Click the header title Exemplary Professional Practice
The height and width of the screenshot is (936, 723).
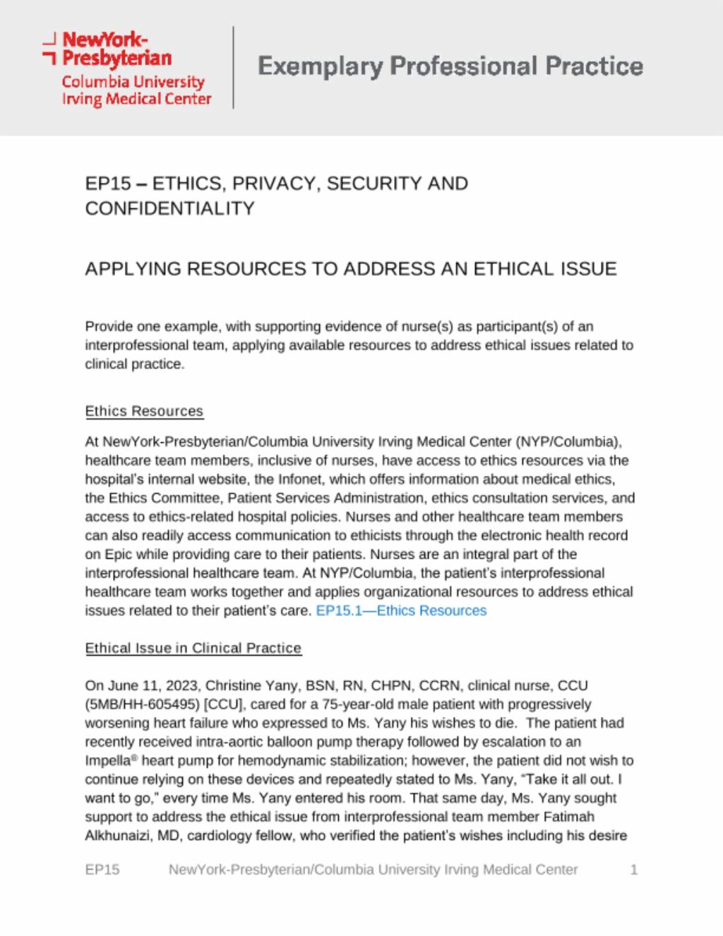[x=450, y=66]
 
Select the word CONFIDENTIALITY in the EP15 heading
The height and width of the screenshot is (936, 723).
[x=169, y=208]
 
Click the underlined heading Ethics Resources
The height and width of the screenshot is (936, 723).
[x=144, y=411]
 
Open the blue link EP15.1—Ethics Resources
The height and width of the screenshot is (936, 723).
[x=401, y=610]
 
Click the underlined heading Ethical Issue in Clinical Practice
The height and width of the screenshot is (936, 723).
[x=193, y=648]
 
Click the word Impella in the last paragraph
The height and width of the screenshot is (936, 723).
[x=107, y=761]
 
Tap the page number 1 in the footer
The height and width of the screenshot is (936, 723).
[x=633, y=870]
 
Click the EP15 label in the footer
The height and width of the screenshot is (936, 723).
[x=102, y=870]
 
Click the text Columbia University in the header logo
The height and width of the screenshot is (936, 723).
[x=133, y=82]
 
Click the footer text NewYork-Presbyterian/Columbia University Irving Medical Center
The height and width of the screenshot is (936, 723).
[x=373, y=870]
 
